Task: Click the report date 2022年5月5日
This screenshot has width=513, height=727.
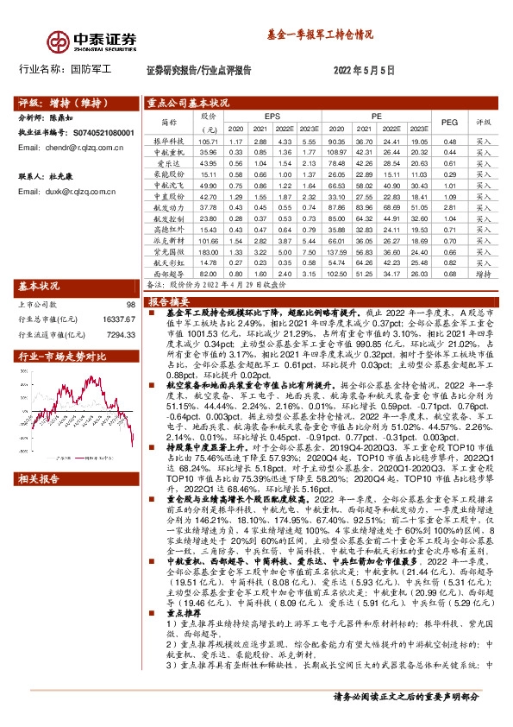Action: click(x=364, y=71)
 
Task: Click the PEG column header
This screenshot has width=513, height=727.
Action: click(x=448, y=122)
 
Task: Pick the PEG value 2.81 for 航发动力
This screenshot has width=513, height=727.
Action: click(x=448, y=206)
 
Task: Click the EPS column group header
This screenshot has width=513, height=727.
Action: click(x=272, y=115)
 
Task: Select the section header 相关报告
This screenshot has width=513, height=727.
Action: click(x=39, y=477)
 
